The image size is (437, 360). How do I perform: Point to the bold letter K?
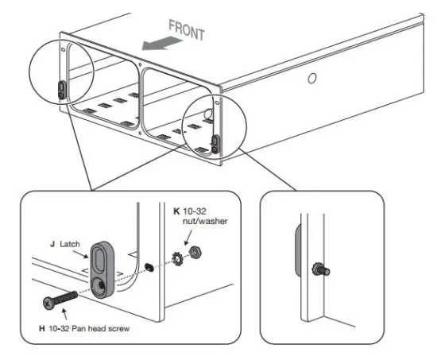coord(176,211)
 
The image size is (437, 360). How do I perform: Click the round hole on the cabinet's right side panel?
coord(312,78)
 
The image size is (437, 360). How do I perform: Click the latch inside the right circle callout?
coord(215,142)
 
